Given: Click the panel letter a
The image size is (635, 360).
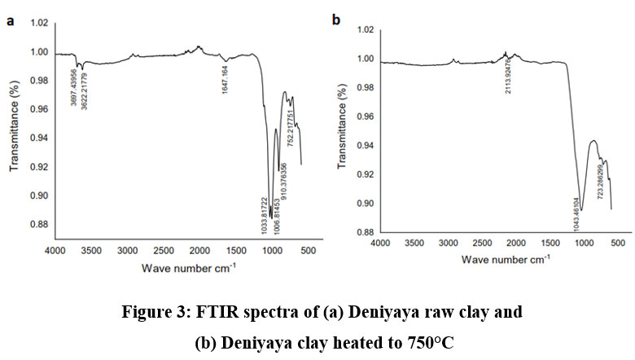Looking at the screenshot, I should [11, 21].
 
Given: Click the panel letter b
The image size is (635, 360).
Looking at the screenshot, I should [335, 18].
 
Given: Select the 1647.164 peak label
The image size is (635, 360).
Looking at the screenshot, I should [225, 78].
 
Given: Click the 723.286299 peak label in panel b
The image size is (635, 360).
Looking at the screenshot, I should [600, 190].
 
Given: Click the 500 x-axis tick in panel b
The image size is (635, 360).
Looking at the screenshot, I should [617, 243].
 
